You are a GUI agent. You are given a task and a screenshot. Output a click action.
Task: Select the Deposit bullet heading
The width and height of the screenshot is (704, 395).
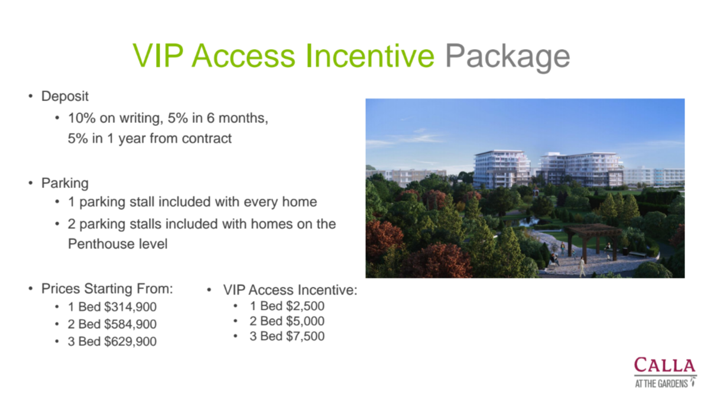[x=64, y=96]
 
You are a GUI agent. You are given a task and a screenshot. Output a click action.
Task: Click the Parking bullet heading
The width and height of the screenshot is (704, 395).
[x=64, y=183]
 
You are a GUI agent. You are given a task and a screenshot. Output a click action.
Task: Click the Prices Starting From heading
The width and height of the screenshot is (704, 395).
[x=107, y=289]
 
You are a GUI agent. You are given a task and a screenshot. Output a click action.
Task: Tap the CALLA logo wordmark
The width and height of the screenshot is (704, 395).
[x=664, y=365]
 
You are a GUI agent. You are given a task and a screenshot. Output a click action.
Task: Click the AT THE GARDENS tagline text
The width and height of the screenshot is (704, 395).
[x=661, y=383]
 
